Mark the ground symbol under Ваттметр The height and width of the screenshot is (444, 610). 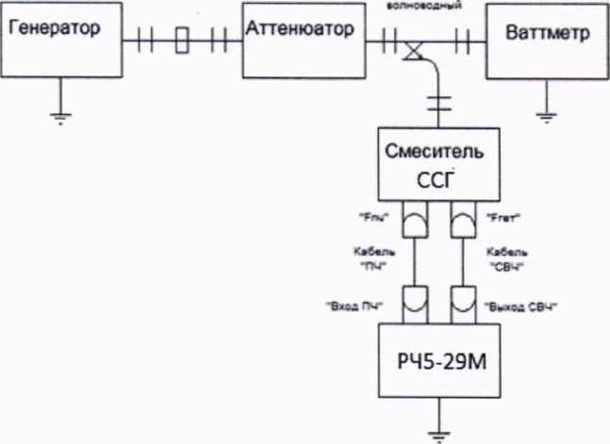click(544, 116)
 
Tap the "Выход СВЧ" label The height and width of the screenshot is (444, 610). click(519, 305)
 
